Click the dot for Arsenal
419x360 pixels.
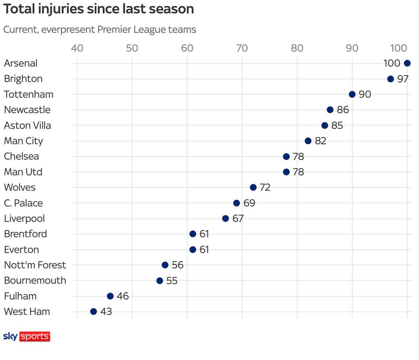tap(407, 63)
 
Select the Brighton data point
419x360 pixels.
tap(390, 79)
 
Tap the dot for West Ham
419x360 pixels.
tap(93, 311)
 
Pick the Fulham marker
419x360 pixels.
tap(110, 296)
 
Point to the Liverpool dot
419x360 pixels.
tap(226, 218)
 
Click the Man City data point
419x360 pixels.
tap(308, 141)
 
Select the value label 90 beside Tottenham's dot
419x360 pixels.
tap(365, 94)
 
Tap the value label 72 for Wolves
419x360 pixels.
tap(265, 187)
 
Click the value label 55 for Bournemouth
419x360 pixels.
tap(172, 281)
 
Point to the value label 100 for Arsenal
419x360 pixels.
tap(392, 63)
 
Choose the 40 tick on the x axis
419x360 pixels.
tap(77, 48)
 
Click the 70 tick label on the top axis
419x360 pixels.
tap(242, 48)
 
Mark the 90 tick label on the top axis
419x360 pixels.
tap(352, 48)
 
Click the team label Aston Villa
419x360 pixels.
tap(28, 125)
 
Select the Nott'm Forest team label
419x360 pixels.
tap(35, 265)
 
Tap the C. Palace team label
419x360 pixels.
tap(23, 203)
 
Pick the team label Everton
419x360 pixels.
tap(21, 250)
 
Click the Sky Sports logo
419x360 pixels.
tap(27, 337)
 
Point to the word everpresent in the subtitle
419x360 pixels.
tap(68, 30)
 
